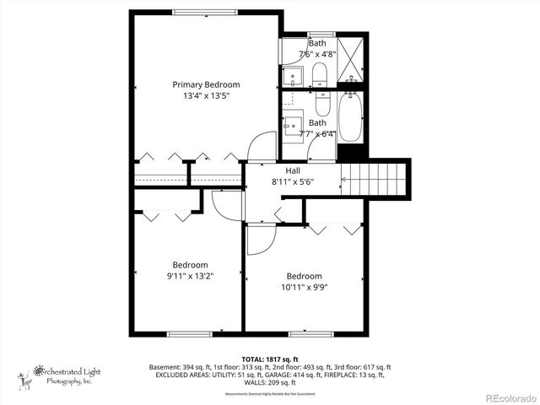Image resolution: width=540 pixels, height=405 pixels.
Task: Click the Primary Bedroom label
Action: (206, 84)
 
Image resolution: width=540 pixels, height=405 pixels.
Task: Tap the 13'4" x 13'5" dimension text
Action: (206, 96)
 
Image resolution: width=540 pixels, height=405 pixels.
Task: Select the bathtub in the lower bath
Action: (350, 119)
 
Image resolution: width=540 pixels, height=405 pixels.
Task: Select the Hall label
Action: (292, 170)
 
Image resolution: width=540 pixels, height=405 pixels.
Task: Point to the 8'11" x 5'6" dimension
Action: (292, 181)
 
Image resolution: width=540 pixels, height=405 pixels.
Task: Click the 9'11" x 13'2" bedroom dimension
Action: (190, 275)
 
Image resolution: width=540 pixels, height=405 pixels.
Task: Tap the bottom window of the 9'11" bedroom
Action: (190, 333)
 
